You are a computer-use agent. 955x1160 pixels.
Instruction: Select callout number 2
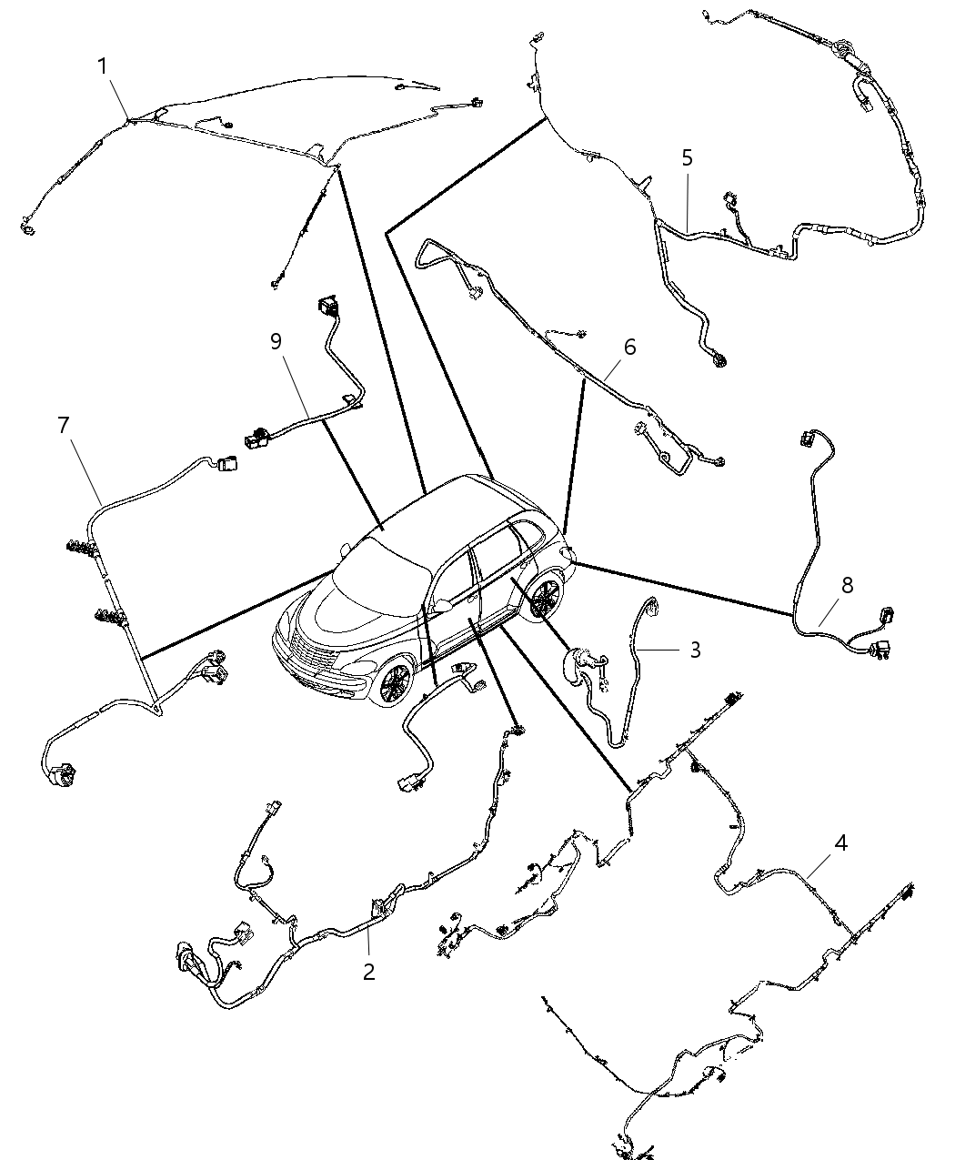tap(368, 972)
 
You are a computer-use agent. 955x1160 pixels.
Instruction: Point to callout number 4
tap(840, 843)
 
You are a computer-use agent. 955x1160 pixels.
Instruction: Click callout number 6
tap(629, 348)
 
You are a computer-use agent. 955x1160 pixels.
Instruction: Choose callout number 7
tap(63, 426)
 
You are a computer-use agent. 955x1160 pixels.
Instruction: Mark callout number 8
tap(847, 586)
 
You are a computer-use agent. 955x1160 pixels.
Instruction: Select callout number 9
tap(276, 341)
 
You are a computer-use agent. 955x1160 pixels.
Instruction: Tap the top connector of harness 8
tap(807, 437)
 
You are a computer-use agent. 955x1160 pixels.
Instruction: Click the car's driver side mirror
tap(443, 604)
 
